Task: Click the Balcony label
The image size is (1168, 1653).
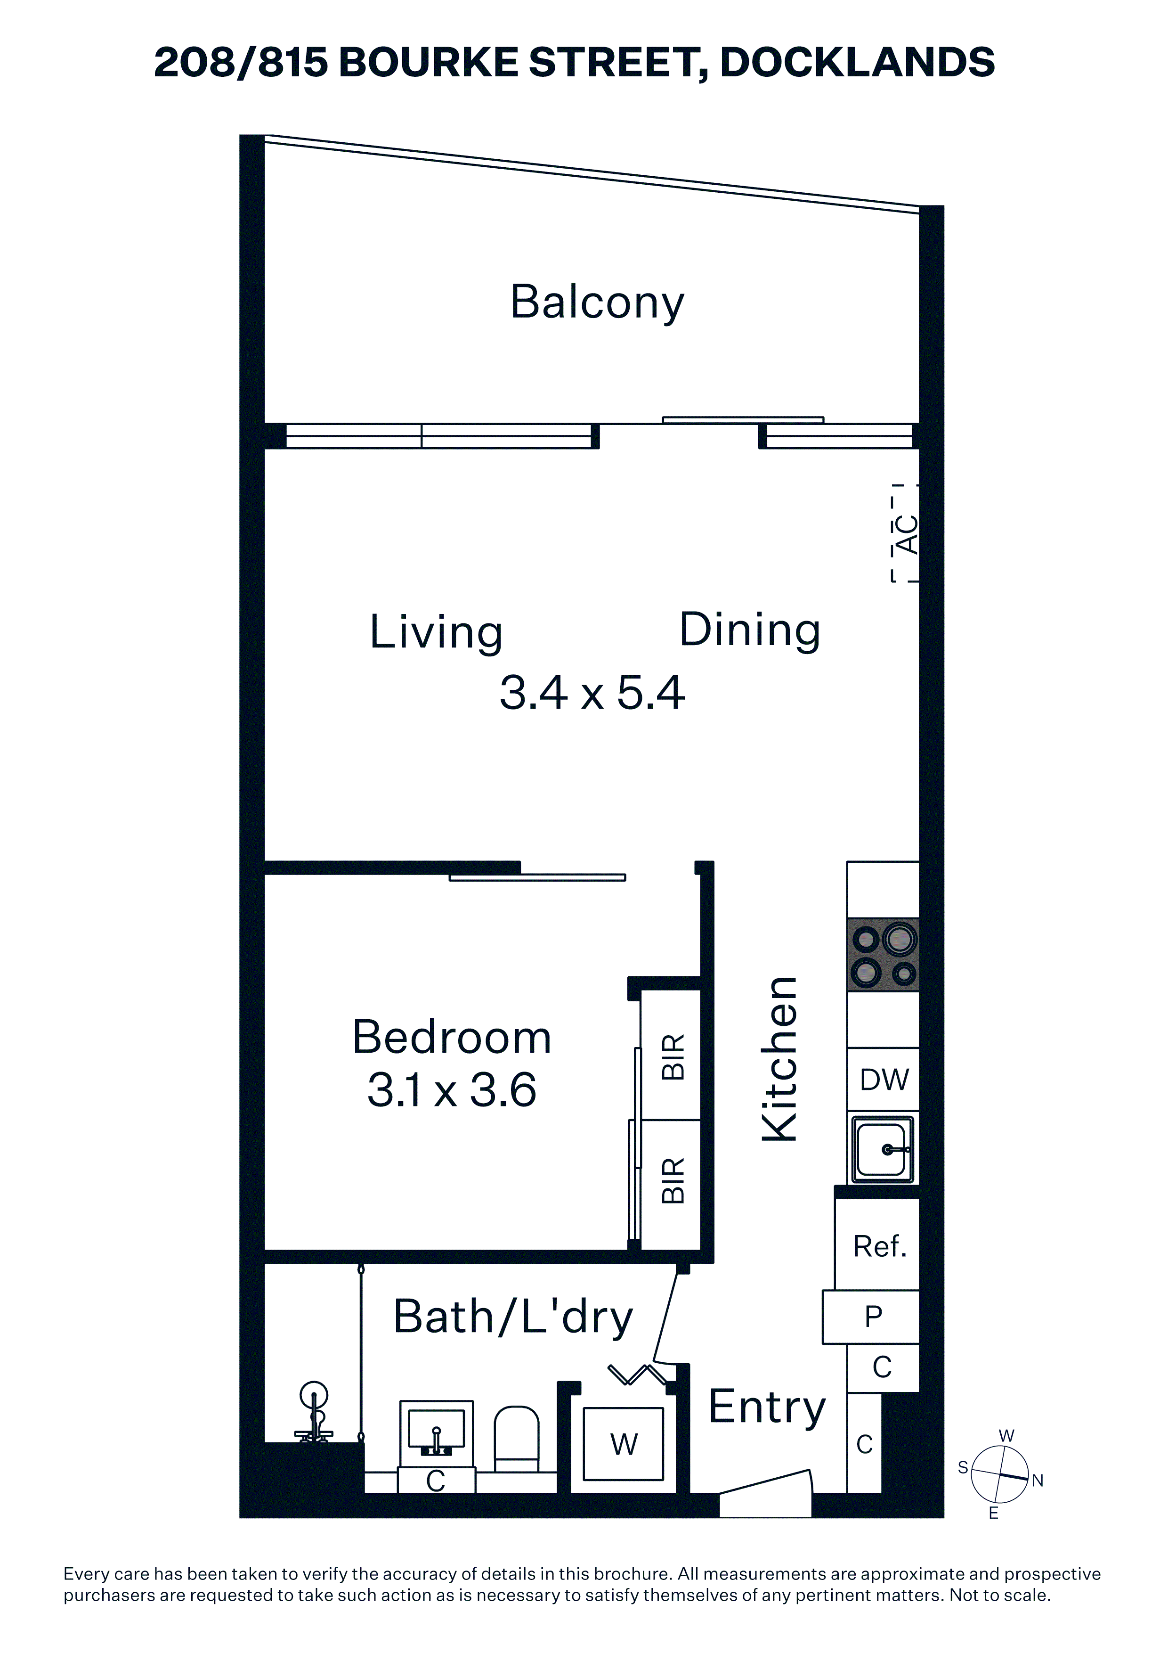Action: click(x=597, y=303)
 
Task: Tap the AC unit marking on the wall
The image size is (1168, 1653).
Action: click(x=905, y=533)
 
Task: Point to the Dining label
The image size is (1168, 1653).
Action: click(x=750, y=630)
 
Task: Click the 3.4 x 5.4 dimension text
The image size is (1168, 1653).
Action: click(x=592, y=693)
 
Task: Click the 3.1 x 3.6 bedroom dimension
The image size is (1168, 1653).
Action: click(x=452, y=1089)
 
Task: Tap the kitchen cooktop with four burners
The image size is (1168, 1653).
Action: click(x=883, y=955)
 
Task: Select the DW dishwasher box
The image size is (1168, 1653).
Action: click(x=883, y=1079)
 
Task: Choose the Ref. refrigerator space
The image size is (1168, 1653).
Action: click(x=877, y=1245)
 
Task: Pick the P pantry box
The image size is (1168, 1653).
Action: click(x=871, y=1317)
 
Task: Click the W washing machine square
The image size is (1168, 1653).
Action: click(x=623, y=1444)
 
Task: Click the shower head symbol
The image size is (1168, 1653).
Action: click(x=314, y=1413)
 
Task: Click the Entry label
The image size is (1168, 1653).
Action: click(x=767, y=1406)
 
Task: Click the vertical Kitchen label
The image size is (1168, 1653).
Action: click(x=780, y=1060)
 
